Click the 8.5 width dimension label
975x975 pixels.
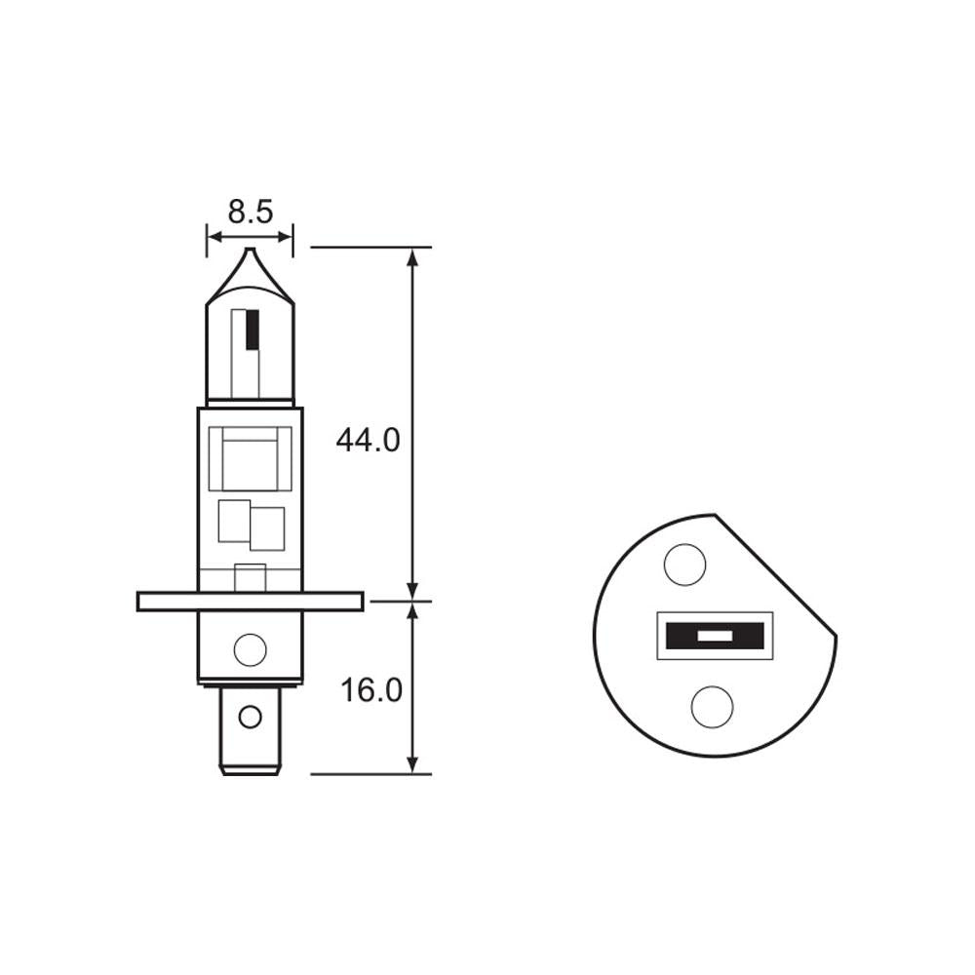click(x=250, y=212)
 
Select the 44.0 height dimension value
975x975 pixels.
click(x=368, y=441)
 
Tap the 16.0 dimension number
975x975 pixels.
click(x=370, y=690)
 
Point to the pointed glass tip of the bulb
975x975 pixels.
click(x=250, y=255)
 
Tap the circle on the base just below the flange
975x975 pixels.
click(x=251, y=648)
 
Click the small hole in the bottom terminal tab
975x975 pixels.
click(x=251, y=718)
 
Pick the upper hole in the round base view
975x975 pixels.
click(x=684, y=565)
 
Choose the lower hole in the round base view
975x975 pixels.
click(x=712, y=706)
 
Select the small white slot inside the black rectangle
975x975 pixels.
click(x=716, y=637)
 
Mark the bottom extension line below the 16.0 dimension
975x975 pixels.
click(x=370, y=774)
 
